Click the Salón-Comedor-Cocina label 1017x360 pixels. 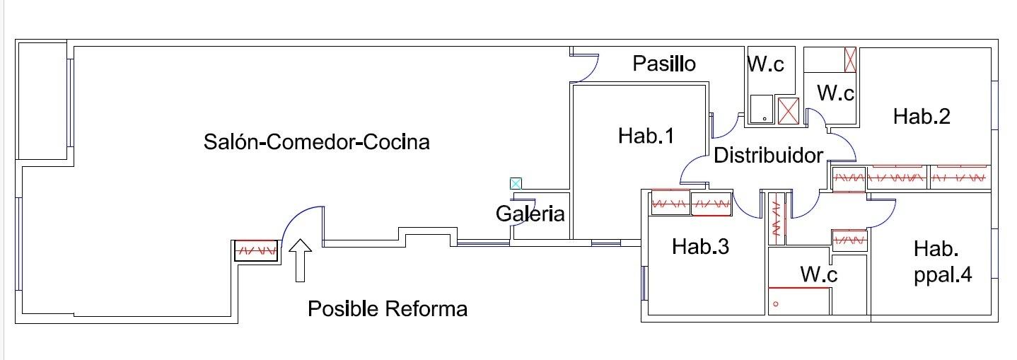pos(316,141)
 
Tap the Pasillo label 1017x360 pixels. pos(663,64)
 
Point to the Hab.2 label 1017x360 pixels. pos(921,116)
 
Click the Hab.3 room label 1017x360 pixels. pos(699,246)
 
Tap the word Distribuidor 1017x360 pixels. pos(768,155)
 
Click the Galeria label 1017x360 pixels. pos(530,213)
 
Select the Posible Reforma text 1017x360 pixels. pos(387,309)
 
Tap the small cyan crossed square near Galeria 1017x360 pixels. pos(516,184)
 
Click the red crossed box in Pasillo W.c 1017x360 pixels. pos(788,110)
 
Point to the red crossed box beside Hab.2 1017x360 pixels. pos(851,59)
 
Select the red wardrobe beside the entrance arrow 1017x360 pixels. pos(255,250)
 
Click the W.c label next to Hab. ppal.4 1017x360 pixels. pos(818,274)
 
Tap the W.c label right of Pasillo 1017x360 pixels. pos(766,64)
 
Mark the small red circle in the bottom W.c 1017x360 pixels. pos(776,304)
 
